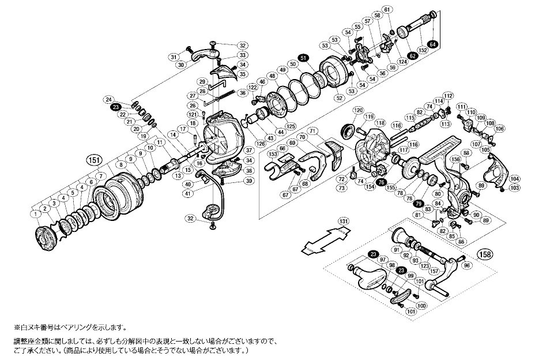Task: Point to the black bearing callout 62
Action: coord(412,55)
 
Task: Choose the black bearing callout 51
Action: coord(304,57)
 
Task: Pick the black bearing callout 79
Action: coord(419,204)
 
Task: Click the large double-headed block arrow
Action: coord(326,239)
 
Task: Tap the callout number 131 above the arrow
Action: coord(344,221)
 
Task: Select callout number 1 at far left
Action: coord(36,214)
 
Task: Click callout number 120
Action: coord(358,110)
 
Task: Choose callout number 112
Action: coord(448,95)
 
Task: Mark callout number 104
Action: coord(515,179)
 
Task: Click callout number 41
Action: coord(188,193)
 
